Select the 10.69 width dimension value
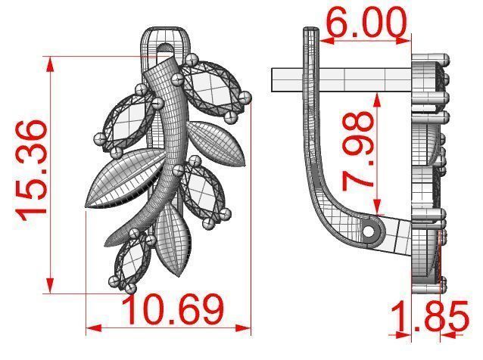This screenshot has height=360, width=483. tap(173, 310)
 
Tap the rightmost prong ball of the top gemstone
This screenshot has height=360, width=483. tap(244, 96)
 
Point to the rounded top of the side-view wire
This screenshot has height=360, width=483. tap(310, 32)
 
